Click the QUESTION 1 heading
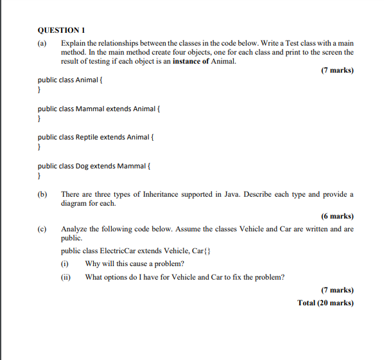[x=62, y=30]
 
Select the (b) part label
[x=43, y=194]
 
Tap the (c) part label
[x=43, y=229]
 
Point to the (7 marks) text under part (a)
[x=336, y=70]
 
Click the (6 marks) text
[x=336, y=216]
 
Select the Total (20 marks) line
[x=326, y=303]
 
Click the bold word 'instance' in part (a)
[x=188, y=61]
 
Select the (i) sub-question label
[x=65, y=264]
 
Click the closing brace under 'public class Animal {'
[x=39, y=91]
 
